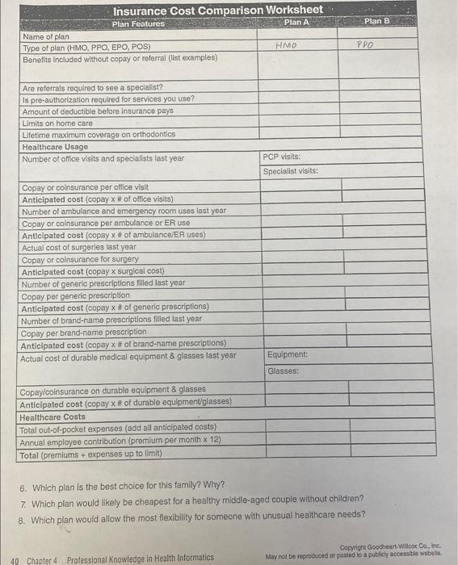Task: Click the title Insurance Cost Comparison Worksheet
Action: point(217,10)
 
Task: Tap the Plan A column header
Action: point(297,22)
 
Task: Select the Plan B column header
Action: point(377,21)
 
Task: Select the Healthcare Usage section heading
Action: point(55,147)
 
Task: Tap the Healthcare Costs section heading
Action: point(52,416)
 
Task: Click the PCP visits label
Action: point(282,157)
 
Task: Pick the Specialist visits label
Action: point(291,171)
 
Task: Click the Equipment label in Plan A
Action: point(287,354)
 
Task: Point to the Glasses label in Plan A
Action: point(283,371)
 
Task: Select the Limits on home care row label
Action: point(57,123)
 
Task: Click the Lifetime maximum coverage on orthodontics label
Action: point(99,135)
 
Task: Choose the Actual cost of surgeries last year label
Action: point(79,247)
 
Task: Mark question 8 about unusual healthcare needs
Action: point(195,515)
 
